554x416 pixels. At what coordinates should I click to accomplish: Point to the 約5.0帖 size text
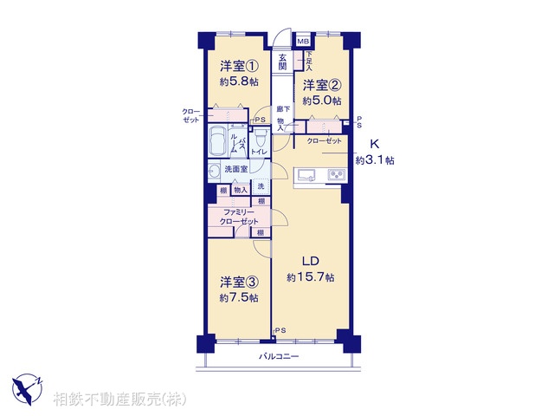pyautogui.click(x=323, y=101)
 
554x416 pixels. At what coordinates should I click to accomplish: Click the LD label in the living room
pyautogui.click(x=311, y=261)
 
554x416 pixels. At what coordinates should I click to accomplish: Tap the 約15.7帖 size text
pyautogui.click(x=311, y=277)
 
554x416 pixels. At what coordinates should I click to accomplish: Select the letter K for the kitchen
pyautogui.click(x=375, y=144)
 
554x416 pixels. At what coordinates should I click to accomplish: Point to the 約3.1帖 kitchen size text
pyautogui.click(x=375, y=160)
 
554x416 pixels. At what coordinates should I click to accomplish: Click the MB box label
pyautogui.click(x=303, y=41)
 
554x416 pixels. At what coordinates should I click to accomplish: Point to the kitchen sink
pyautogui.click(x=308, y=175)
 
